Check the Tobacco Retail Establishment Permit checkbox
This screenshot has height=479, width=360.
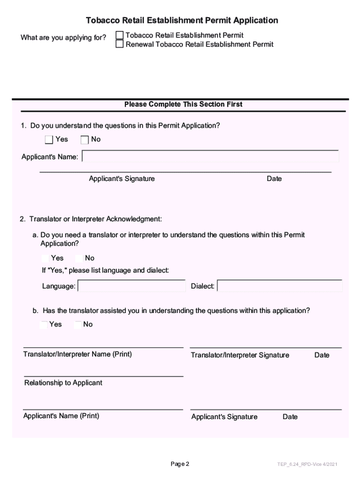tap(120, 35)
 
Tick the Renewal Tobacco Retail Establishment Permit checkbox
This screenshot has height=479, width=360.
tap(120, 44)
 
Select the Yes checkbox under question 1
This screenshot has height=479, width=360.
tap(49, 139)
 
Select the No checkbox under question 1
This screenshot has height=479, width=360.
tap(85, 139)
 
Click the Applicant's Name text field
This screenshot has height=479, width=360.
tap(210, 157)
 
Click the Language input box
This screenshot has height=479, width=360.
tap(131, 286)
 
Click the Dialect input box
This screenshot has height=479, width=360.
tap(280, 286)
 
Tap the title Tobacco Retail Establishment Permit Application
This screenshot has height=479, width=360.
tap(182, 21)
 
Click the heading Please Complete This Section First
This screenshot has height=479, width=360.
tap(183, 104)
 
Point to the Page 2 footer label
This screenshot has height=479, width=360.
tap(180, 464)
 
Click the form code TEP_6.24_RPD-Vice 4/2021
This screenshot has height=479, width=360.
tap(307, 464)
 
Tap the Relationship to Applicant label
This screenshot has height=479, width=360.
tap(63, 383)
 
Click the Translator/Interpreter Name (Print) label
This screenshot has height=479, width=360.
tap(78, 354)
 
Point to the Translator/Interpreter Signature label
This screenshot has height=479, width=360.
tap(240, 355)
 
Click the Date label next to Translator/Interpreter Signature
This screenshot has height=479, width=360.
tap(322, 355)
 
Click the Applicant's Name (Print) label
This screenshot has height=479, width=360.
tap(61, 415)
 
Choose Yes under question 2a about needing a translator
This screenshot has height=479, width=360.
tap(45, 258)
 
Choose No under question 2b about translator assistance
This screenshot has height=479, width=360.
tap(78, 324)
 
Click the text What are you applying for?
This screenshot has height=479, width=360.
tap(63, 37)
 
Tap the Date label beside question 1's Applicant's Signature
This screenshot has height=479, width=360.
tap(274, 179)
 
